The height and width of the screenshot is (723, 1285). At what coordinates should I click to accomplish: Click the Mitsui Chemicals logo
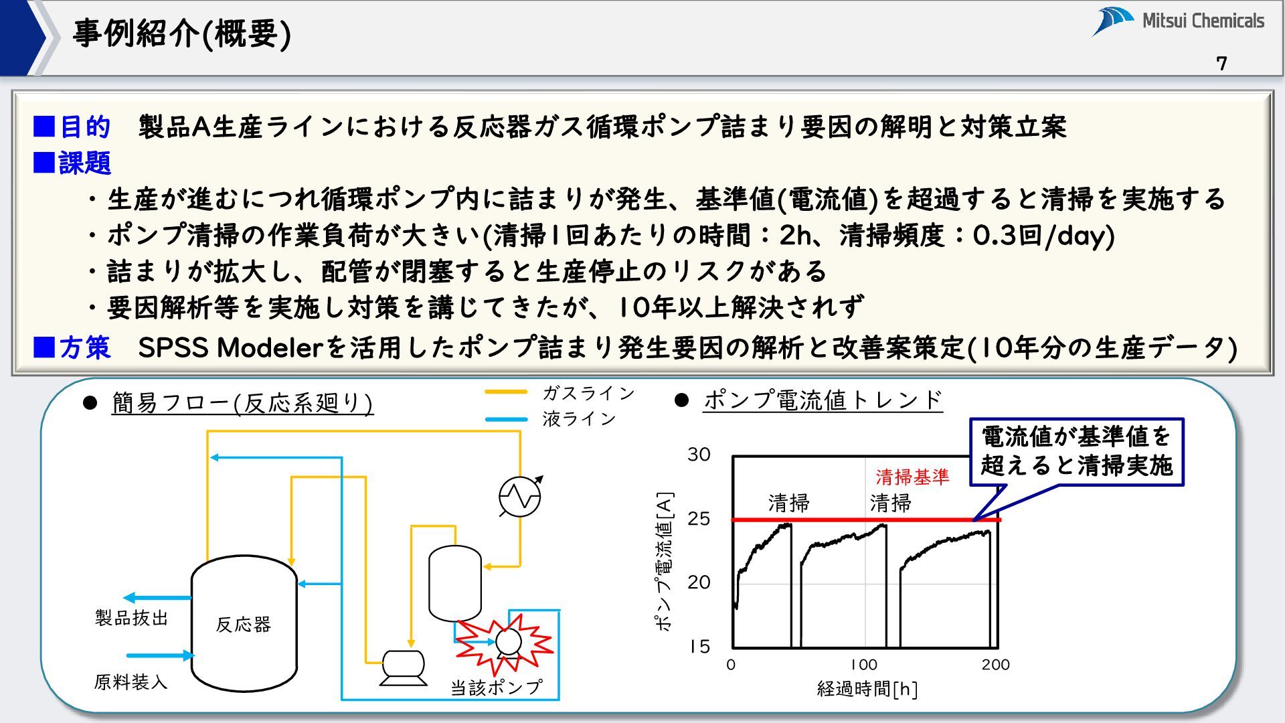pos(1178,21)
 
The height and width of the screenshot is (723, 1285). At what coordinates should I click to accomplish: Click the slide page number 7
pos(1221,64)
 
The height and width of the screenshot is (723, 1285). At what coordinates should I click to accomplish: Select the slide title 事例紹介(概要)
pos(181,33)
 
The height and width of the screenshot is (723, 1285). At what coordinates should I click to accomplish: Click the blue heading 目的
pos(84,127)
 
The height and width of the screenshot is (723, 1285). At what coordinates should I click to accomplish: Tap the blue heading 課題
pos(84,163)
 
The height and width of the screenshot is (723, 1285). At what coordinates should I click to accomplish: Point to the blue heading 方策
pos(84,347)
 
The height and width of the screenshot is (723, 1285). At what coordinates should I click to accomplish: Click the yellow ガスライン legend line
pos(506,392)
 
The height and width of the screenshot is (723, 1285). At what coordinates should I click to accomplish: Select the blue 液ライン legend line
pos(506,420)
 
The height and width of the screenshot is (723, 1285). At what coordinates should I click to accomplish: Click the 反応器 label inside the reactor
pos(243,625)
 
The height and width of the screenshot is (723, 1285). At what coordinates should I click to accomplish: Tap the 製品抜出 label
pos(131,618)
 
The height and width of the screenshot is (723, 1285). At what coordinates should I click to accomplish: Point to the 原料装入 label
pos(131,682)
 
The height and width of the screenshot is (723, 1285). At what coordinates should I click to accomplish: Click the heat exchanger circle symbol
pos(519,497)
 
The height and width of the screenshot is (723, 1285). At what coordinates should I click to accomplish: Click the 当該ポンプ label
pos(496,688)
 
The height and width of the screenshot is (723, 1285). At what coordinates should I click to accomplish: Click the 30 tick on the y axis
pos(699,455)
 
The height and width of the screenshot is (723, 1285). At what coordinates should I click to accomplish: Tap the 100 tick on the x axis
pos(863,665)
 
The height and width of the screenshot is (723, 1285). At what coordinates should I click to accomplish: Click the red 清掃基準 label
pos(912,477)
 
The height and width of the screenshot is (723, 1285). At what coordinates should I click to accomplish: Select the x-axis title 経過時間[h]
pos(867,689)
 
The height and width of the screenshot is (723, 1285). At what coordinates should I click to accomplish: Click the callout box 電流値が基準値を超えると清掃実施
pos(1076,451)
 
